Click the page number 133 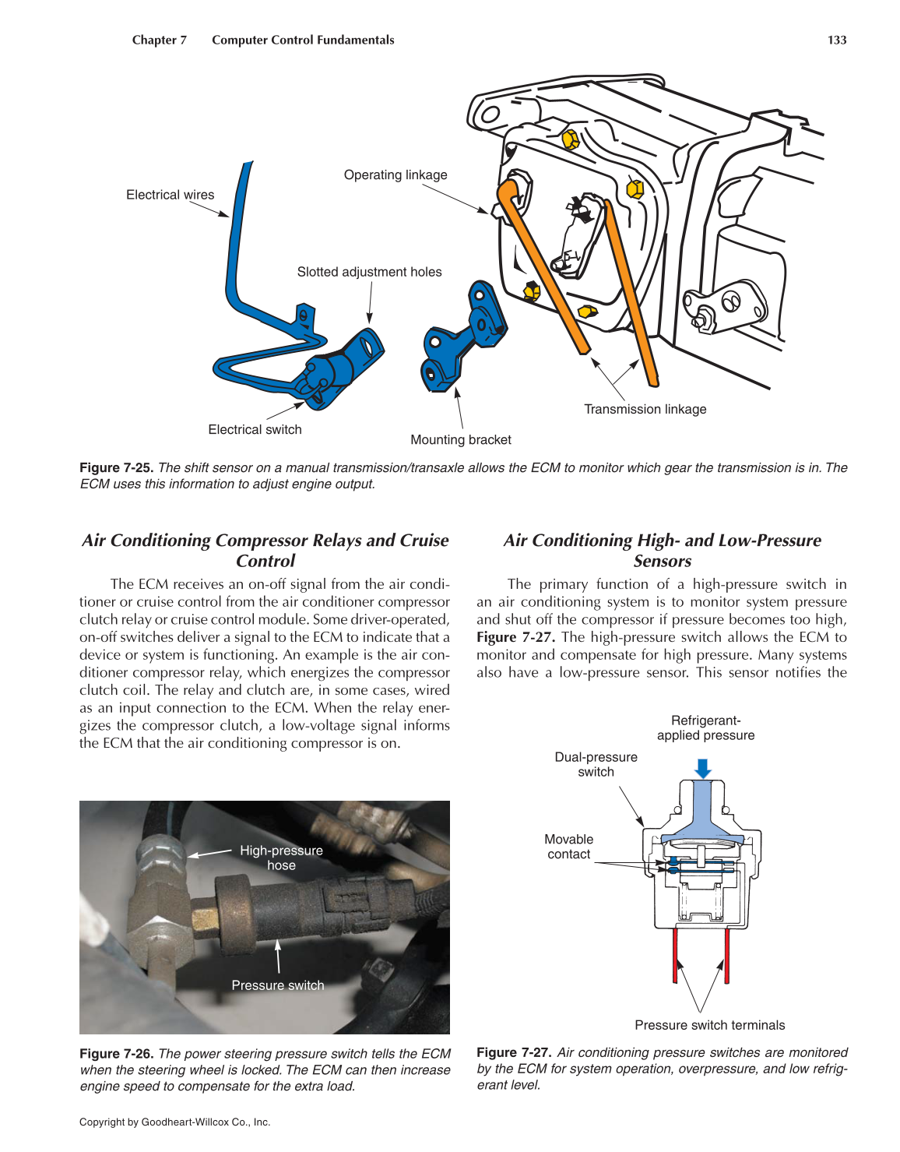click(x=837, y=40)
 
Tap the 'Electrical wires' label click(x=170, y=195)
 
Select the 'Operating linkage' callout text click(x=396, y=174)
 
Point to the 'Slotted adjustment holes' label click(x=369, y=272)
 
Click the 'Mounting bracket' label click(x=460, y=439)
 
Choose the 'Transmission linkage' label click(x=645, y=409)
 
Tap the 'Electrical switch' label click(x=255, y=429)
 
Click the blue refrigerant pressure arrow click(x=703, y=768)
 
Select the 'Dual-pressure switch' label click(x=596, y=764)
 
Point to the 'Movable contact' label click(x=568, y=847)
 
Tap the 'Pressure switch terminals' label click(x=709, y=1025)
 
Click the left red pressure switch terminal click(x=676, y=955)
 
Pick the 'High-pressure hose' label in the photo click(x=281, y=858)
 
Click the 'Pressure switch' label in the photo click(x=278, y=985)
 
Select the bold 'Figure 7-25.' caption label click(x=116, y=467)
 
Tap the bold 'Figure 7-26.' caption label click(x=116, y=1053)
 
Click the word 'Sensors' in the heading click(x=662, y=561)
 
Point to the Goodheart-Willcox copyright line click(x=174, y=1122)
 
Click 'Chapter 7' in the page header click(x=160, y=40)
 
